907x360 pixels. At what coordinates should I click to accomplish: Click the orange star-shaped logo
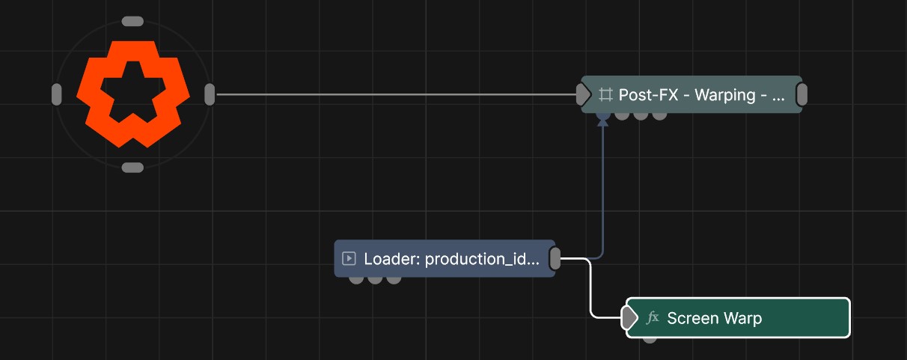tap(133, 94)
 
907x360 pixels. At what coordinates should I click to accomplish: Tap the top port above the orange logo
tap(132, 22)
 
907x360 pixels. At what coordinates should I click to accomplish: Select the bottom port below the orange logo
tap(132, 167)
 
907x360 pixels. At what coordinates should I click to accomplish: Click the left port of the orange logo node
tap(57, 95)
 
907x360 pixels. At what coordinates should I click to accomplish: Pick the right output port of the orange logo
tap(210, 95)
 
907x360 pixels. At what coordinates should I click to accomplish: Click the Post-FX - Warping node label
tap(701, 95)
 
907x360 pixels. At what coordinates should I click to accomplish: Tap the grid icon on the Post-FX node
tap(605, 95)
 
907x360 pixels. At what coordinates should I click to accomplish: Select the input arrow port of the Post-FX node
tap(583, 94)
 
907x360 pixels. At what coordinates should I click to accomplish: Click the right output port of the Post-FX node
tap(801, 94)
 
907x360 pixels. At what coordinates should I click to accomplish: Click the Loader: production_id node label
tap(451, 259)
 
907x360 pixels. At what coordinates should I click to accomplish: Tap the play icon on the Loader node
tap(349, 258)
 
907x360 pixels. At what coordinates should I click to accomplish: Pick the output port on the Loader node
tap(555, 258)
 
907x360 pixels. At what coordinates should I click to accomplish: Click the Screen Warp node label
tap(715, 318)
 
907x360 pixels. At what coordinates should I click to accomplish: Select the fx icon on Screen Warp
tap(653, 318)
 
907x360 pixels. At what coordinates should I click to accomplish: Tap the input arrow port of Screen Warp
tap(629, 317)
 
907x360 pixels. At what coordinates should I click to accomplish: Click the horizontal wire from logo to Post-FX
tap(396, 95)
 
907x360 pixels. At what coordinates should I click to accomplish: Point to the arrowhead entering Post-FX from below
tap(603, 121)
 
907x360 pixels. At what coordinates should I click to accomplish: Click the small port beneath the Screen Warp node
tap(650, 340)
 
